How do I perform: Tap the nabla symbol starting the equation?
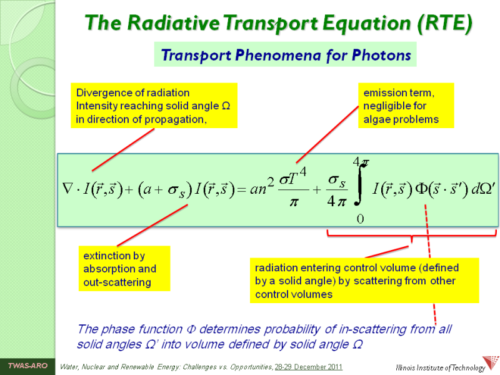68,189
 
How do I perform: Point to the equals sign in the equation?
241,190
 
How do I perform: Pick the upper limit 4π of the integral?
361,162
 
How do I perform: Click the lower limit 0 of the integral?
360,219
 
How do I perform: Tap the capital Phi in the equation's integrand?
421,189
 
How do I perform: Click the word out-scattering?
117,282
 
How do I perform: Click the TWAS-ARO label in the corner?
27,366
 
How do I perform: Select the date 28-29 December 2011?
308,367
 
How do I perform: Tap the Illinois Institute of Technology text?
440,367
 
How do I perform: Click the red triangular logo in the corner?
491,364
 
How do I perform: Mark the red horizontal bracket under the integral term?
411,236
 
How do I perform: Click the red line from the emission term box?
327,134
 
